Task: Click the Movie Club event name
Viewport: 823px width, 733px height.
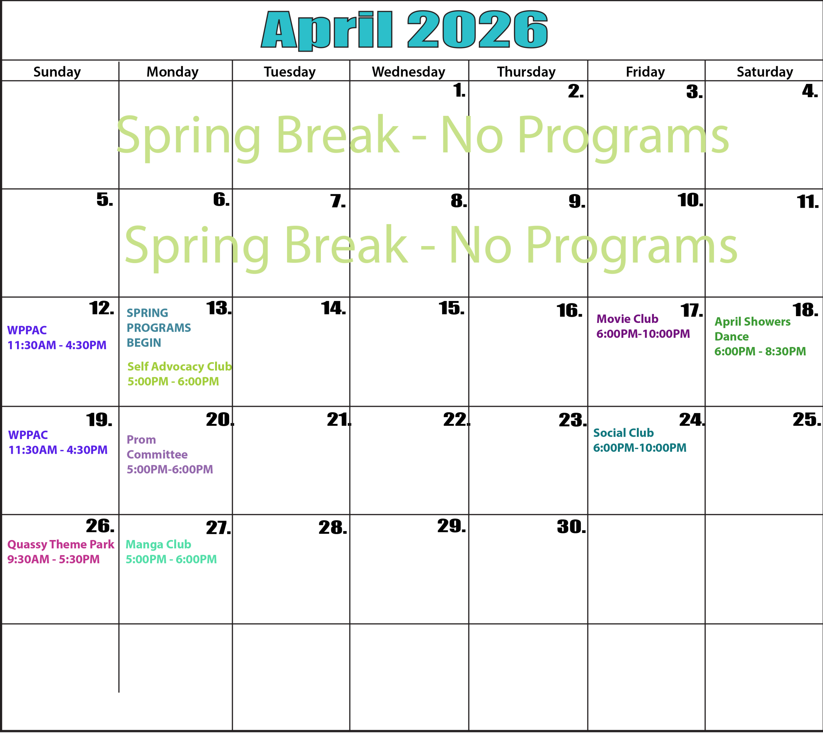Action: pyautogui.click(x=627, y=319)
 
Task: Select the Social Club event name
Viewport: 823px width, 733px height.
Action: pyautogui.click(x=623, y=433)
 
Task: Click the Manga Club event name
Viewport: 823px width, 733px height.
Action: pyautogui.click(x=158, y=545)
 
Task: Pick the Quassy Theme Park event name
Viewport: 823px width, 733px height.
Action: pyautogui.click(x=61, y=545)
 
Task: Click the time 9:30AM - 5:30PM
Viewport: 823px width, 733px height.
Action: pyautogui.click(x=54, y=559)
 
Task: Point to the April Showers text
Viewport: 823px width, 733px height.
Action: pyautogui.click(x=752, y=322)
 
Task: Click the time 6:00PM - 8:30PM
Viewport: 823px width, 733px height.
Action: pyautogui.click(x=760, y=352)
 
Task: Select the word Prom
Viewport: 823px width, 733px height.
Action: pyautogui.click(x=141, y=440)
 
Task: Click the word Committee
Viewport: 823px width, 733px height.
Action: pyautogui.click(x=157, y=455)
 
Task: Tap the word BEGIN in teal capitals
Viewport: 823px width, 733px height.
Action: pyautogui.click(x=144, y=343)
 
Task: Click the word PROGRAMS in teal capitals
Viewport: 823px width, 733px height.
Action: pyautogui.click(x=158, y=328)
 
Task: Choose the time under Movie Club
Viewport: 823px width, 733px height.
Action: pyautogui.click(x=643, y=334)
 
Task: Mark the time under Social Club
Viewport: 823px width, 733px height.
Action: pyautogui.click(x=639, y=448)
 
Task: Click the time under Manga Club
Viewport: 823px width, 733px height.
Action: pyautogui.click(x=171, y=559)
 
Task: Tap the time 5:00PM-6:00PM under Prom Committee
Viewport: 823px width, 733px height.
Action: pyautogui.click(x=169, y=470)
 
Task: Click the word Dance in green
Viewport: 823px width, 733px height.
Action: pyautogui.click(x=731, y=337)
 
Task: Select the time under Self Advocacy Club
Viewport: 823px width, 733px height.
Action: pyautogui.click(x=173, y=381)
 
